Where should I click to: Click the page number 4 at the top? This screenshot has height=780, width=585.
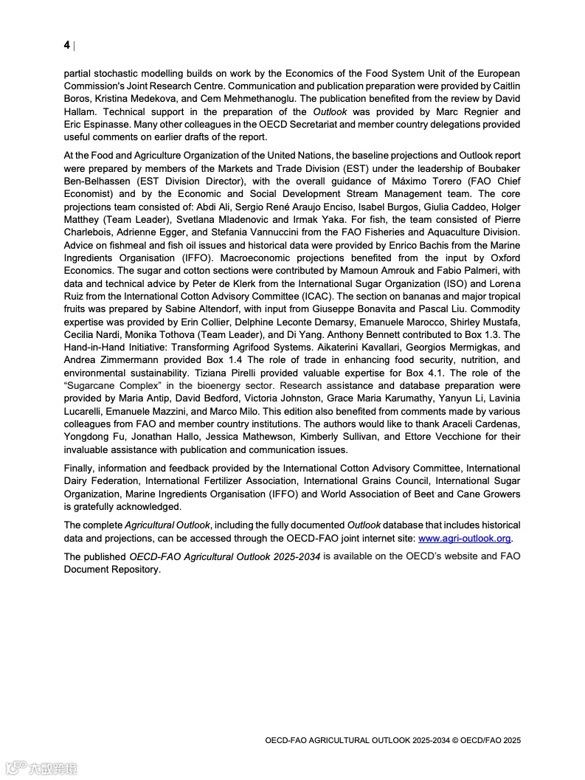pos(66,45)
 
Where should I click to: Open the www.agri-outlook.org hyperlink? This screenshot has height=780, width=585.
pos(465,538)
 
